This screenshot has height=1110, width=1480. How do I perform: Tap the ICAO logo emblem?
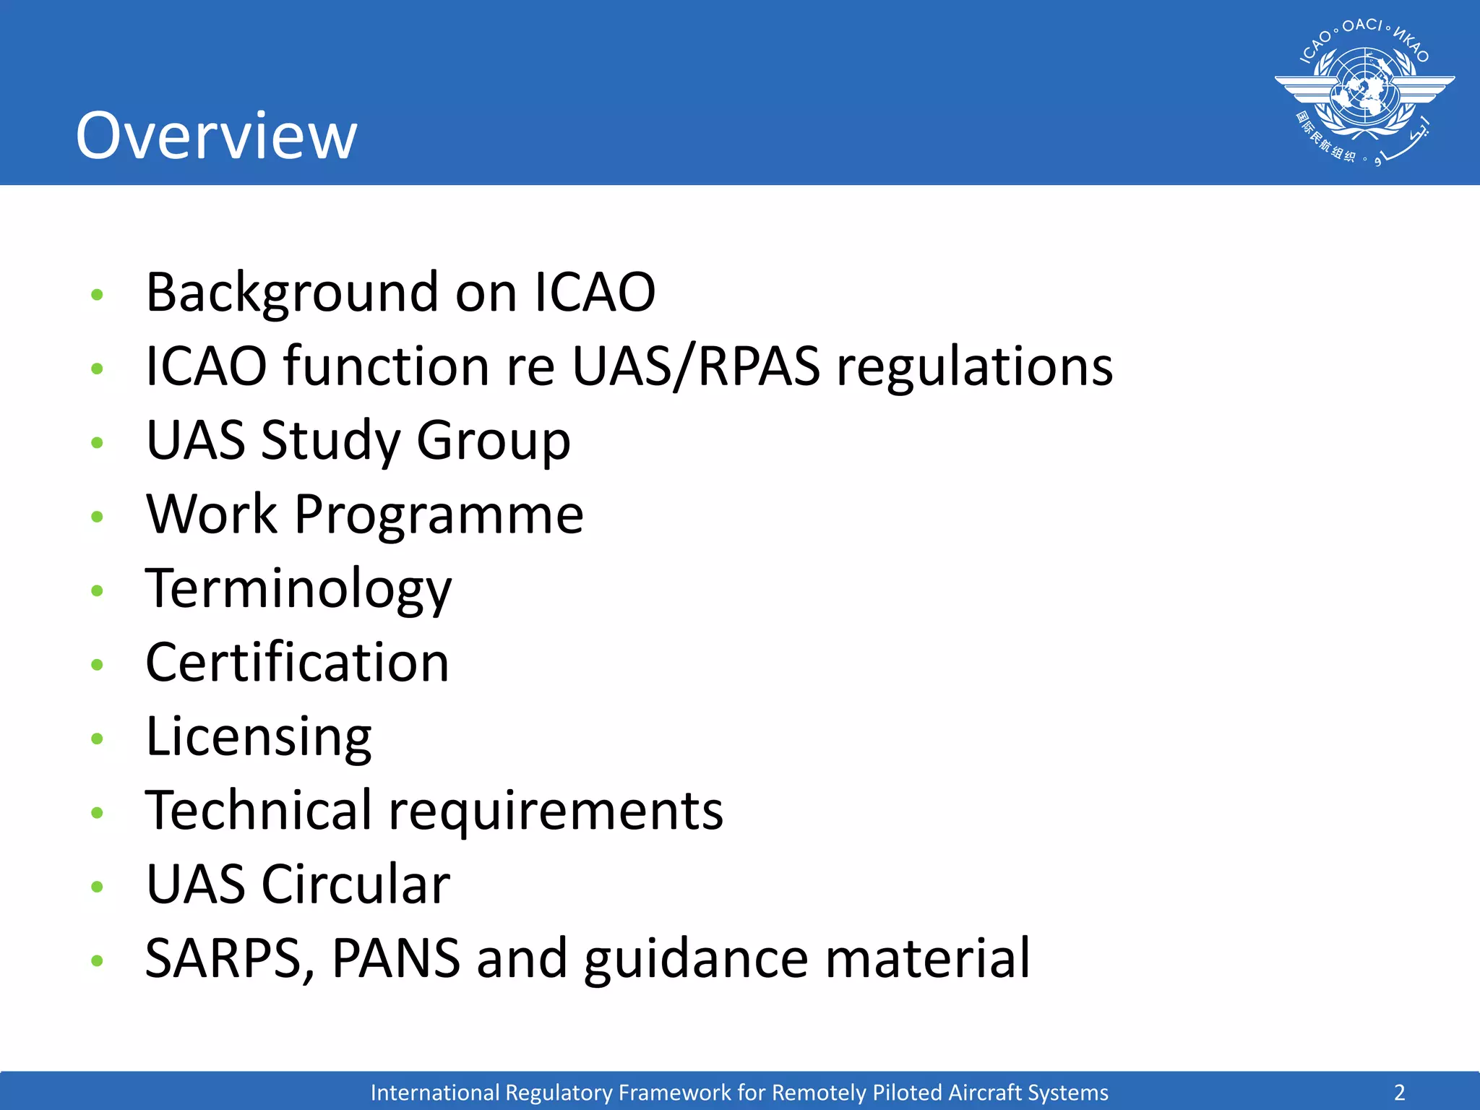point(1364,92)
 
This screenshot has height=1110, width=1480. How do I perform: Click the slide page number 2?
point(1399,1092)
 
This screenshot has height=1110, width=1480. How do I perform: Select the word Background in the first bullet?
point(292,293)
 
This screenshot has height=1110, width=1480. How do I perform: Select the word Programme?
point(439,516)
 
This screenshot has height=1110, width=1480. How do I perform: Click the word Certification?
point(297,663)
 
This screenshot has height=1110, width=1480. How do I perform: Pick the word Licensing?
point(259,738)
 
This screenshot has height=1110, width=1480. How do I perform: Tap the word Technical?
point(259,810)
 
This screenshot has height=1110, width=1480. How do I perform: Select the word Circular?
point(356,885)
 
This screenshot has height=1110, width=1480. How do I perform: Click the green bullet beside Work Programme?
point(98,516)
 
